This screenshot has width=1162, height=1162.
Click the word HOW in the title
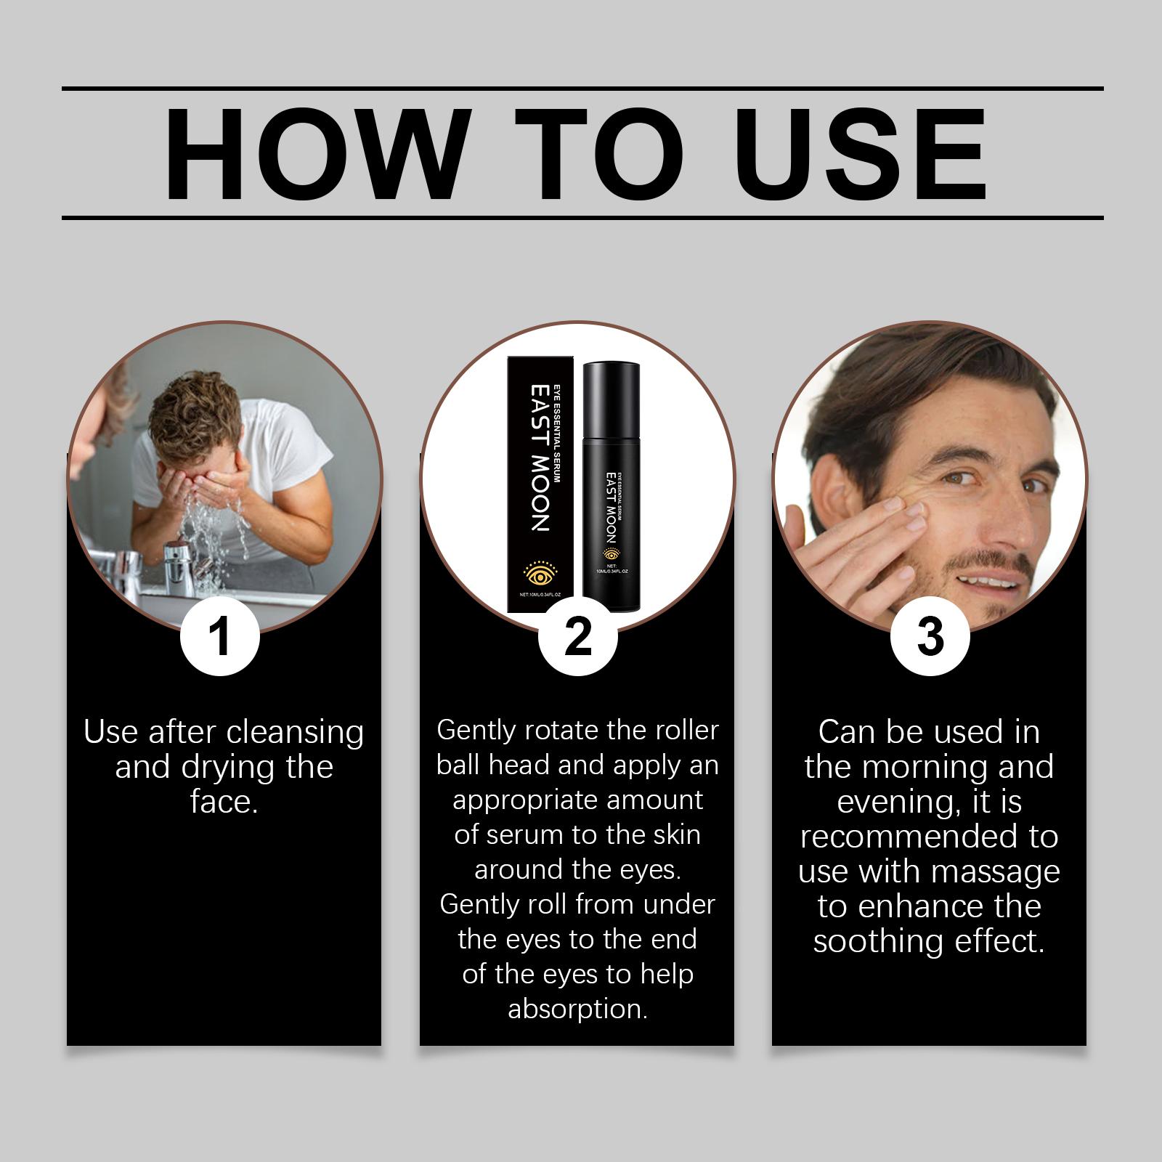point(313,155)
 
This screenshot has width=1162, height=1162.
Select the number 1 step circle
point(219,636)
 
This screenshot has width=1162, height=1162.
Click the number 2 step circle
point(577,636)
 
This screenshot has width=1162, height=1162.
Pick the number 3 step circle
point(930,636)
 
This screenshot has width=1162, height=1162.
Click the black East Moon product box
point(543,485)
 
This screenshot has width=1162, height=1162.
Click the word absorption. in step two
point(577,1009)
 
